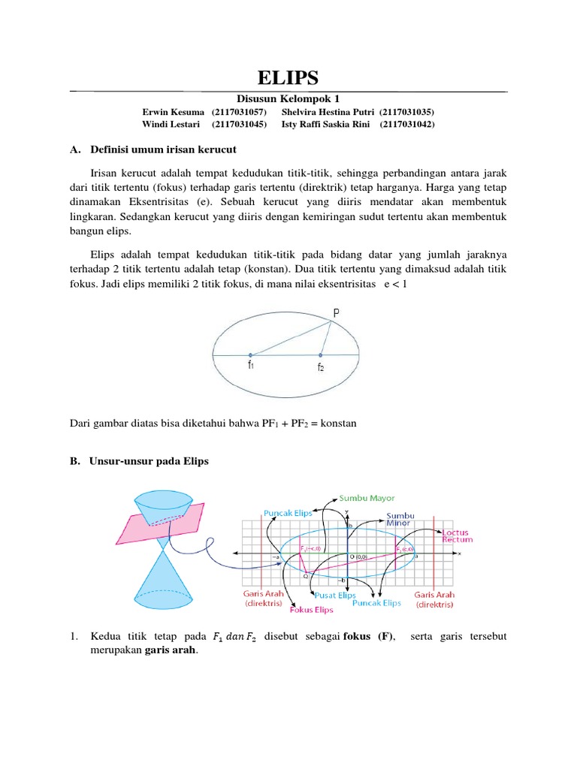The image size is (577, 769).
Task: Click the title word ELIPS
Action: coord(288,78)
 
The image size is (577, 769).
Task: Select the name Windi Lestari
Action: coord(171,124)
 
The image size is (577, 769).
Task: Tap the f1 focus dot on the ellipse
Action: coord(251,354)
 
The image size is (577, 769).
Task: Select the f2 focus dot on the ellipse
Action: coord(321,354)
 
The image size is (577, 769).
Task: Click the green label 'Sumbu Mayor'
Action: coord(367,497)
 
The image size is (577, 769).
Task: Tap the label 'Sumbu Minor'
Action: coord(400,520)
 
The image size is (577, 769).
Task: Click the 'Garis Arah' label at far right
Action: coord(434,599)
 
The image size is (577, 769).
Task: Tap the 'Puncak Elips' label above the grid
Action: coord(283,512)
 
